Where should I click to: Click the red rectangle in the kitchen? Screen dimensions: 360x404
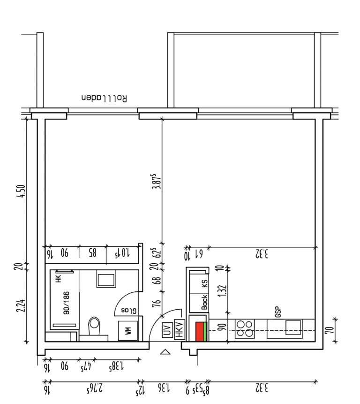click(x=200, y=331)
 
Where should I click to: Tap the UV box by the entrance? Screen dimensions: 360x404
click(x=167, y=329)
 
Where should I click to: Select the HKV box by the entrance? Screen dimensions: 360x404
click(x=180, y=329)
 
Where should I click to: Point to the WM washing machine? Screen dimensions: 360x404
click(x=128, y=331)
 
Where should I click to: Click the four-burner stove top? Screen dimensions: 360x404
click(x=245, y=329)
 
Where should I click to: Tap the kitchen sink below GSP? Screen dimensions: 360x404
click(x=293, y=328)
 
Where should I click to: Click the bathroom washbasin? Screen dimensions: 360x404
click(x=106, y=279)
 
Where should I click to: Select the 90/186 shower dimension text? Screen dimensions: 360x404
click(x=67, y=303)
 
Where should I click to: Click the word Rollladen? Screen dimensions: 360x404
click(x=104, y=98)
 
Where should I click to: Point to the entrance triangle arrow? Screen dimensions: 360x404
click(x=165, y=352)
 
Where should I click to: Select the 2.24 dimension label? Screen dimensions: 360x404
click(x=21, y=305)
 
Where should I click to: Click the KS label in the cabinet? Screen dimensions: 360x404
click(x=204, y=284)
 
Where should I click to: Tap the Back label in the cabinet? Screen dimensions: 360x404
click(x=204, y=302)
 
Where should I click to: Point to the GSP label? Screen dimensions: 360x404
click(x=278, y=312)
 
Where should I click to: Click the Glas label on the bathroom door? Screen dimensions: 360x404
click(x=129, y=311)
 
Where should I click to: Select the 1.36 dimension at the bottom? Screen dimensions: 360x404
click(x=164, y=388)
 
